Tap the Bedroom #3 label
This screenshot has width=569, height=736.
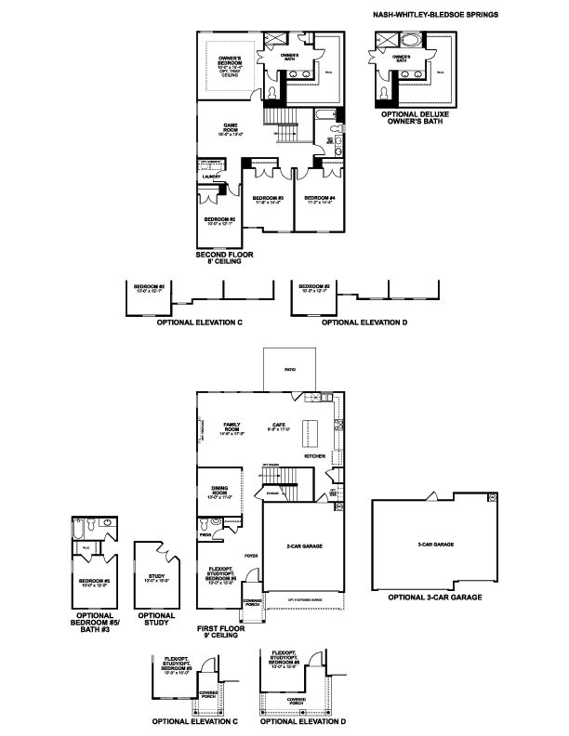click(267, 199)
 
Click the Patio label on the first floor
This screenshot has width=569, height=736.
click(290, 366)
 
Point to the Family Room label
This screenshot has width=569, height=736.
click(232, 427)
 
